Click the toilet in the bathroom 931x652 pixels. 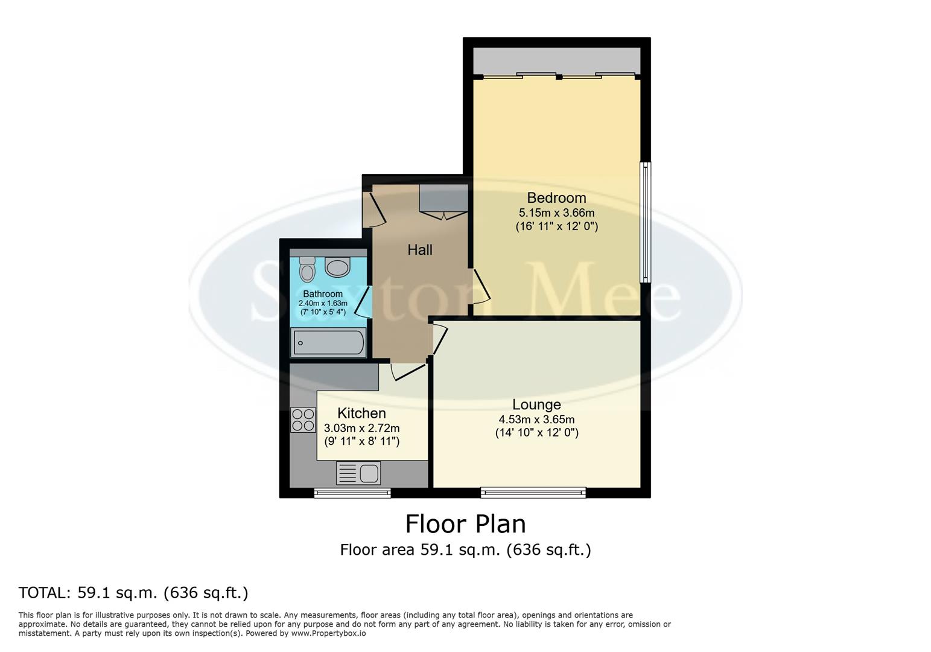tap(307, 269)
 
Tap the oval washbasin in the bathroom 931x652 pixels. tap(337, 266)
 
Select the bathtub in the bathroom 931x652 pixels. tap(328, 343)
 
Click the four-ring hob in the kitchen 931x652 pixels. tap(303, 420)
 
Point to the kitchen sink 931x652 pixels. tap(358, 473)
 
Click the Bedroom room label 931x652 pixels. tap(556, 197)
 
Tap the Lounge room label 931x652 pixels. tap(536, 404)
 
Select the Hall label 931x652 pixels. tap(420, 249)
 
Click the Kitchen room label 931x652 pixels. tap(361, 413)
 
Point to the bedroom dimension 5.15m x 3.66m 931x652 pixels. tap(556, 213)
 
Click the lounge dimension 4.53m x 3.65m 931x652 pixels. tap(536, 420)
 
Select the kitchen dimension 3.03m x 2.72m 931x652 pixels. tap(361, 428)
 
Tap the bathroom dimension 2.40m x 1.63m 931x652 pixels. tap(323, 303)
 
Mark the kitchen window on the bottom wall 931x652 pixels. tap(352, 493)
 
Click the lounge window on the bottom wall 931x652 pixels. tap(533, 493)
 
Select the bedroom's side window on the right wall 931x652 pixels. tap(646, 222)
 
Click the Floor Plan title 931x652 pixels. tap(465, 524)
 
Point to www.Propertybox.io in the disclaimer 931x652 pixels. tap(328, 633)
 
